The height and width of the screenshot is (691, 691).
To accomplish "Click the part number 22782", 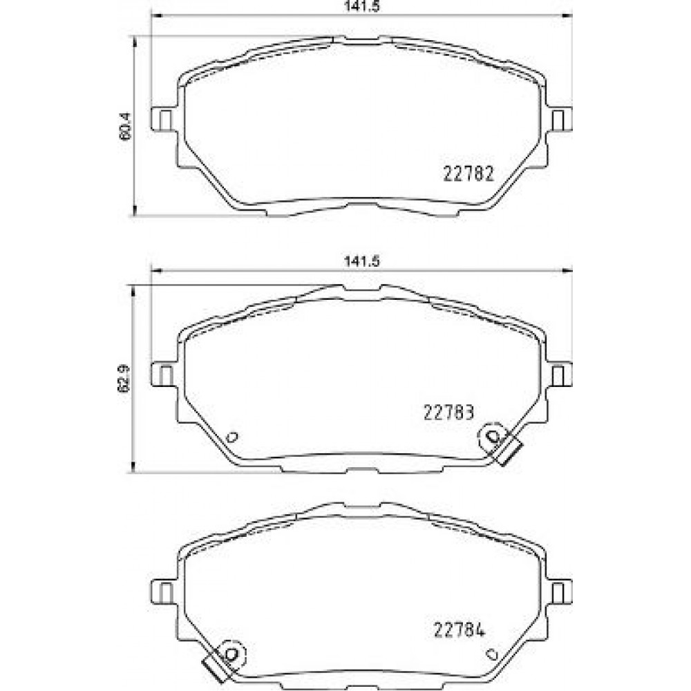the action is (468, 174).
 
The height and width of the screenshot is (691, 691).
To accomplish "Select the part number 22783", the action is (448, 413).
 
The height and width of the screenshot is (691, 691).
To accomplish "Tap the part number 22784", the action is (460, 630).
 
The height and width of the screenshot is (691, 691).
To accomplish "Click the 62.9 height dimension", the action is (125, 378).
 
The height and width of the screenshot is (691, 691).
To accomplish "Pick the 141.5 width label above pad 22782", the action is (361, 6).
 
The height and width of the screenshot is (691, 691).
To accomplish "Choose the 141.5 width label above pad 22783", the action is (361, 261).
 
